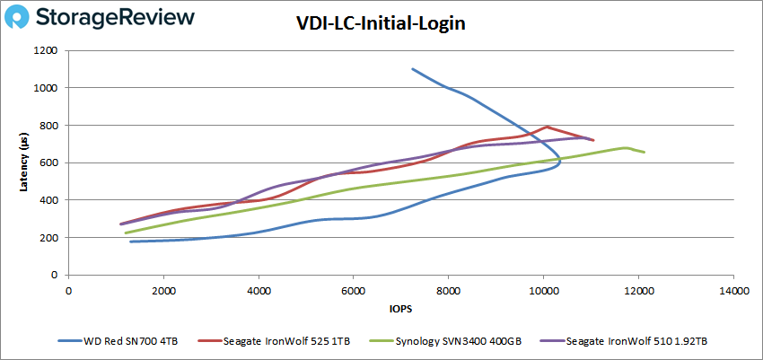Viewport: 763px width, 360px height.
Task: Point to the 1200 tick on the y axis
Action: tap(48, 50)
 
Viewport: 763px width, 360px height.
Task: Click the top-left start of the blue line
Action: tap(412, 69)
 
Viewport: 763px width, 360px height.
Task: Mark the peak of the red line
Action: tap(547, 127)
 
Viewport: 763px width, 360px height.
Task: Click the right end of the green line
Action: tap(645, 152)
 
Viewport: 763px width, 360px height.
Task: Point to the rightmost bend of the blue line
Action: tap(560, 160)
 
